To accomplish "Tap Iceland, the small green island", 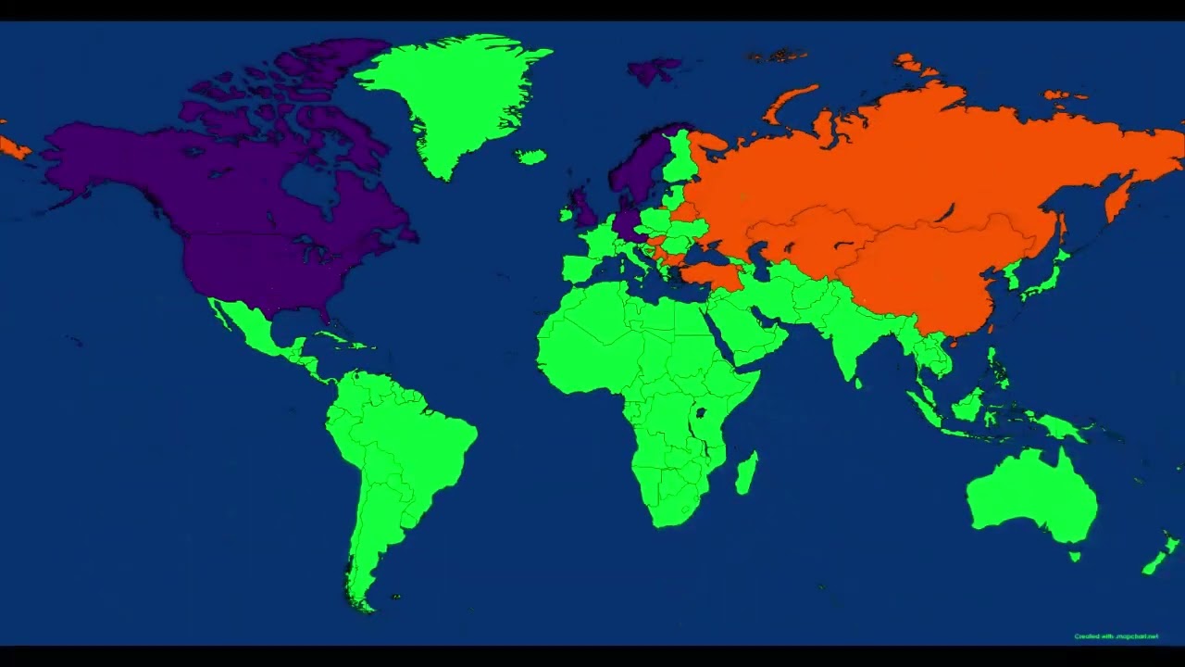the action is (530, 157).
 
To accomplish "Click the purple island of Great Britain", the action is (583, 208).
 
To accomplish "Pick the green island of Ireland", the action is (566, 215).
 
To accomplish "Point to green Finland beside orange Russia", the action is (680, 157).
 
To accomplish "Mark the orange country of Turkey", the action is (713, 274).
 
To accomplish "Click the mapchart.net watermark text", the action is (1116, 636).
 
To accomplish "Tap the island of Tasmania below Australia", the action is (1074, 557).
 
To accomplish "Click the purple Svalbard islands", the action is (654, 70).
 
